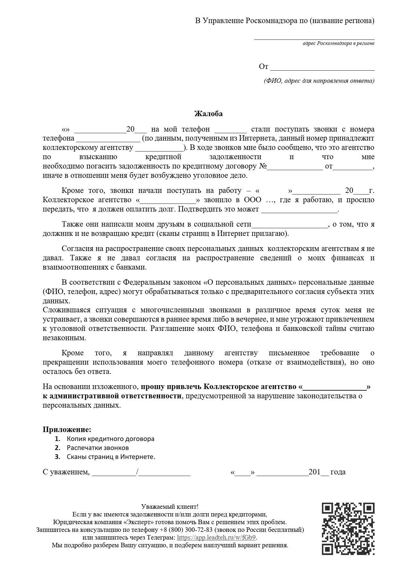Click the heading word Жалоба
pyautogui.click(x=208, y=114)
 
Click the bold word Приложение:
pyautogui.click(x=67, y=429)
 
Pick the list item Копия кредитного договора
pyautogui.click(x=110, y=439)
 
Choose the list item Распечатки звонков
pyautogui.click(x=98, y=448)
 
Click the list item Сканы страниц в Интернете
pyautogui.click(x=111, y=457)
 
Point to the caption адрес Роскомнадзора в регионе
pyautogui.click(x=338, y=43)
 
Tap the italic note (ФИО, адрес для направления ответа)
pyautogui.click(x=319, y=81)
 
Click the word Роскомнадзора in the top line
pyautogui.click(x=271, y=21)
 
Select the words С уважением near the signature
pyautogui.click(x=66, y=472)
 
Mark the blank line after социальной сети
pyautogui.click(x=289, y=224)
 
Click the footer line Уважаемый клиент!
pyautogui.click(x=170, y=507)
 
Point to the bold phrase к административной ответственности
pyautogui.click(x=112, y=396)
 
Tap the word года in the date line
pyautogui.click(x=338, y=472)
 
